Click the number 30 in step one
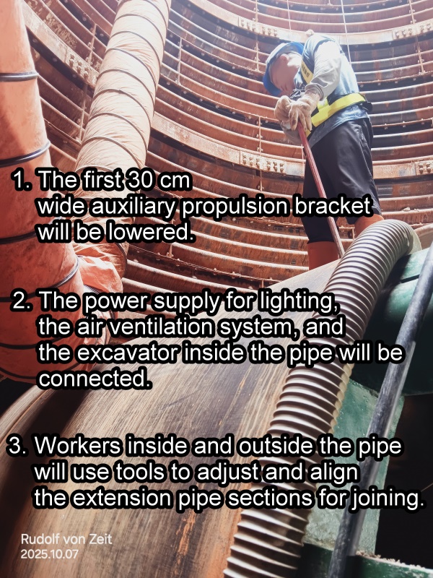click(136, 181)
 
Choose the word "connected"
click(95, 379)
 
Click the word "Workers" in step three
click(78, 446)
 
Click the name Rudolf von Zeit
click(66, 539)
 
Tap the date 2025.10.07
click(49, 553)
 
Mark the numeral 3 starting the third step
click(15, 446)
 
